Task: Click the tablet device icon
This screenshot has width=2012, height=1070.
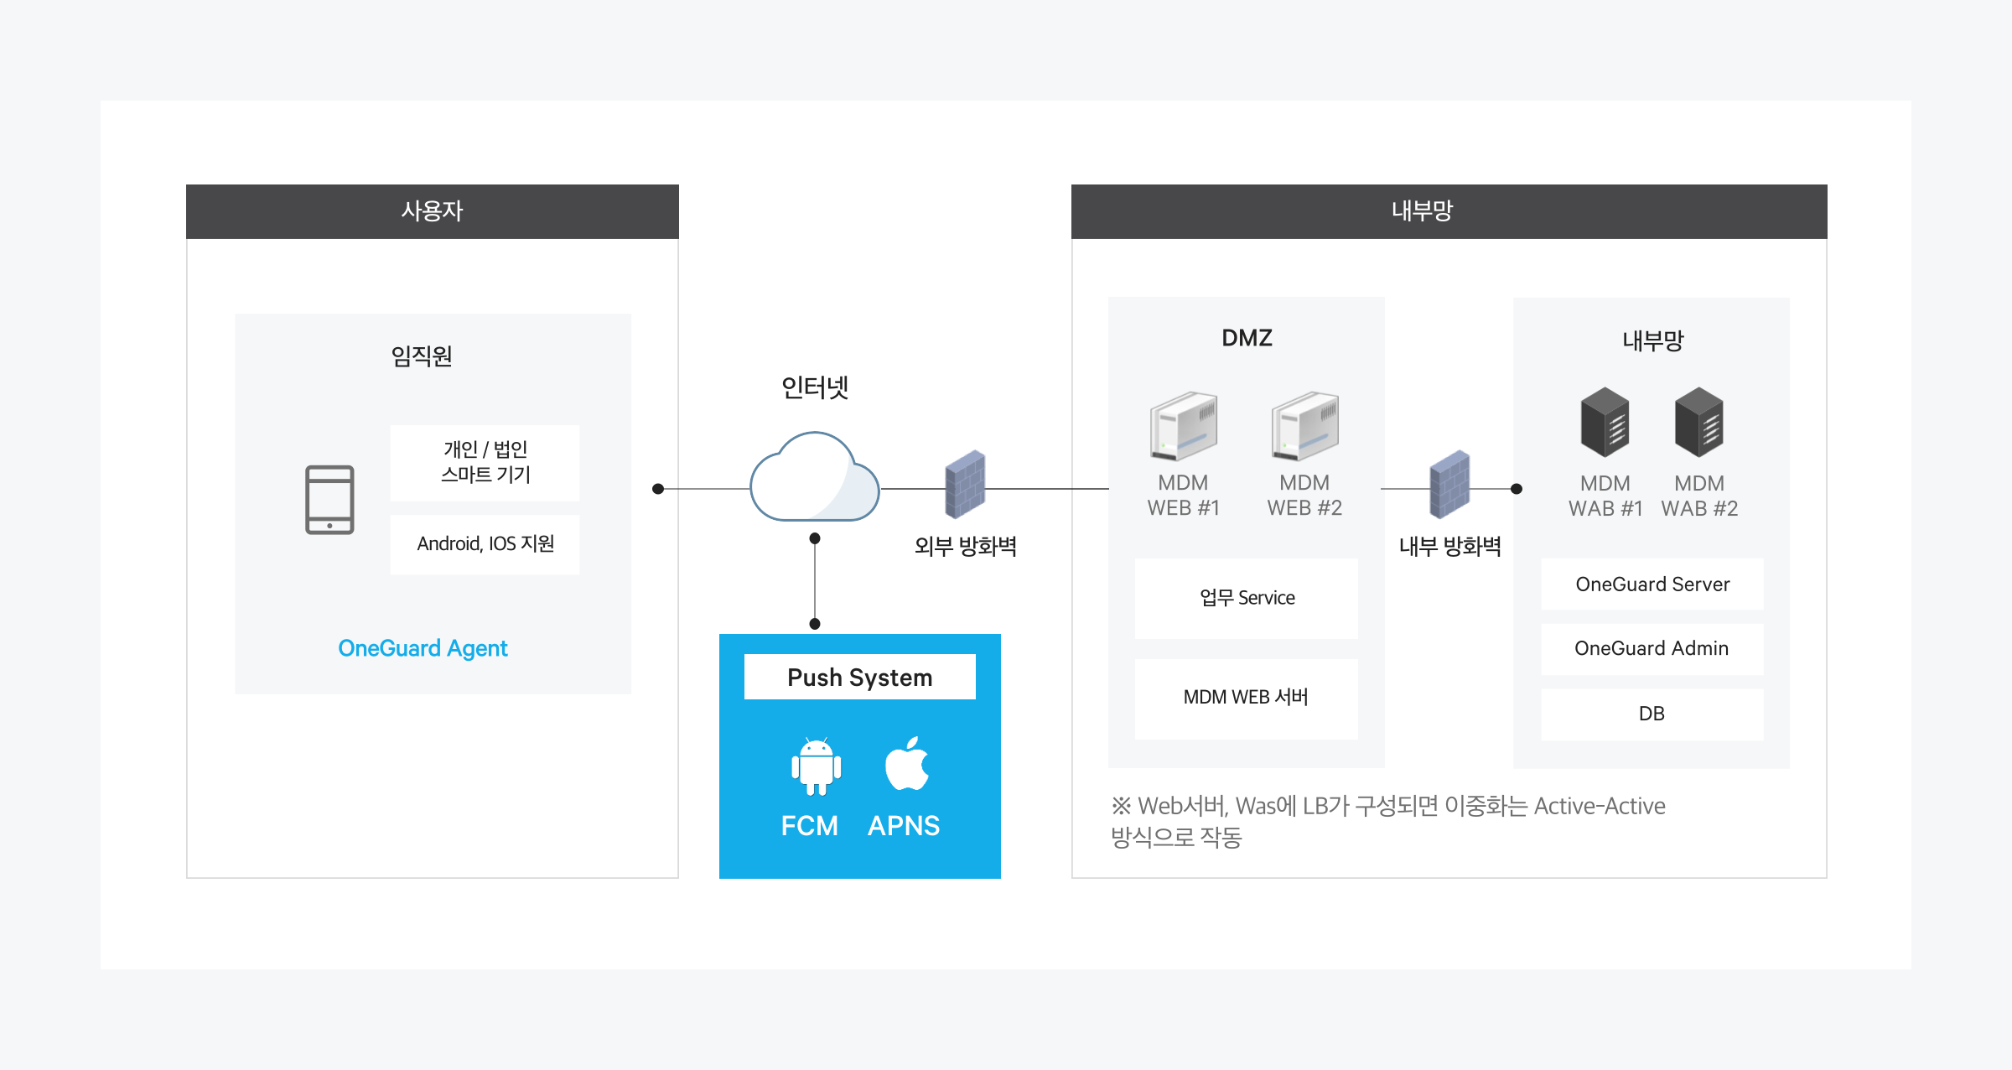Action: click(329, 500)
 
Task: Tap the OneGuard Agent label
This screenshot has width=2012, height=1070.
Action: click(423, 648)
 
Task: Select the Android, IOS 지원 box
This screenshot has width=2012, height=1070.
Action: click(485, 544)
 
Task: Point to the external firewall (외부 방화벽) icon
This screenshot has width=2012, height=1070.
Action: click(965, 485)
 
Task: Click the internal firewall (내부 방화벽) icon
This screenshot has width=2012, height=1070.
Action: click(1449, 485)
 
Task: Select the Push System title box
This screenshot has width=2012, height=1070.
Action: click(859, 677)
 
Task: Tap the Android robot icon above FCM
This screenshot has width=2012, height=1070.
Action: click(816, 766)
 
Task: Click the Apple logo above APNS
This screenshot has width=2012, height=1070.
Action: click(906, 764)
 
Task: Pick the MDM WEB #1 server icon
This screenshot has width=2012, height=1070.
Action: click(1183, 426)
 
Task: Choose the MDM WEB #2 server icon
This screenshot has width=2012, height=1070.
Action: click(1304, 426)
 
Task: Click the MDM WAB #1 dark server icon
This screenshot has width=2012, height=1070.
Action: click(1605, 422)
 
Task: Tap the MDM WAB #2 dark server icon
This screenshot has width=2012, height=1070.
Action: click(1698, 422)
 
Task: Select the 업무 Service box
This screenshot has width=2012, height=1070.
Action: click(1246, 598)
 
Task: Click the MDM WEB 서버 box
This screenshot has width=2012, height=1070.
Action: click(1246, 698)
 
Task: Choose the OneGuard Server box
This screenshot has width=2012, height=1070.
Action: click(1652, 584)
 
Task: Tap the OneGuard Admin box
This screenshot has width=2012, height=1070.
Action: click(1652, 648)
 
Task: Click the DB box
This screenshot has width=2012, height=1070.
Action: click(1652, 714)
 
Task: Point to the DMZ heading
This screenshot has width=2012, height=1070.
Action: click(1247, 338)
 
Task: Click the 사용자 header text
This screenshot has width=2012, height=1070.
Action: click(432, 210)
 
